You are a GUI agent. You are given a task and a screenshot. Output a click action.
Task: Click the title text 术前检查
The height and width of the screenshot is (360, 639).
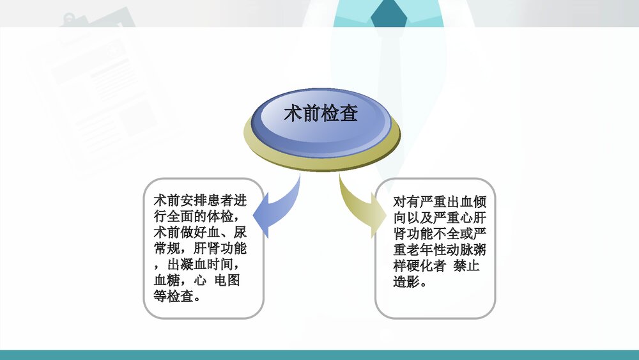321,114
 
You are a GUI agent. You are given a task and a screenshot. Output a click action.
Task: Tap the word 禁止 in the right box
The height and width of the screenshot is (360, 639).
466,265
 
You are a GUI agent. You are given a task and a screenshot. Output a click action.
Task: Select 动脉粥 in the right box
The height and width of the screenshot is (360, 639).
476,249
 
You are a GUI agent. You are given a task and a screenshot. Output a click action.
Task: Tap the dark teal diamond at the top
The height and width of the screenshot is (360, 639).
389,12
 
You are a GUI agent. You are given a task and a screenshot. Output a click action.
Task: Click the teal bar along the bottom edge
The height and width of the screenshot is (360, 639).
319,354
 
